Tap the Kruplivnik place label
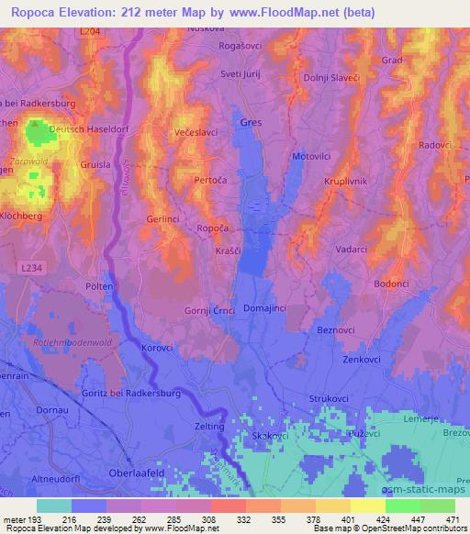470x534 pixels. [x=345, y=182]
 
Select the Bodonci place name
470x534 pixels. [x=391, y=284]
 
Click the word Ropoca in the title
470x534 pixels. [x=34, y=13]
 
